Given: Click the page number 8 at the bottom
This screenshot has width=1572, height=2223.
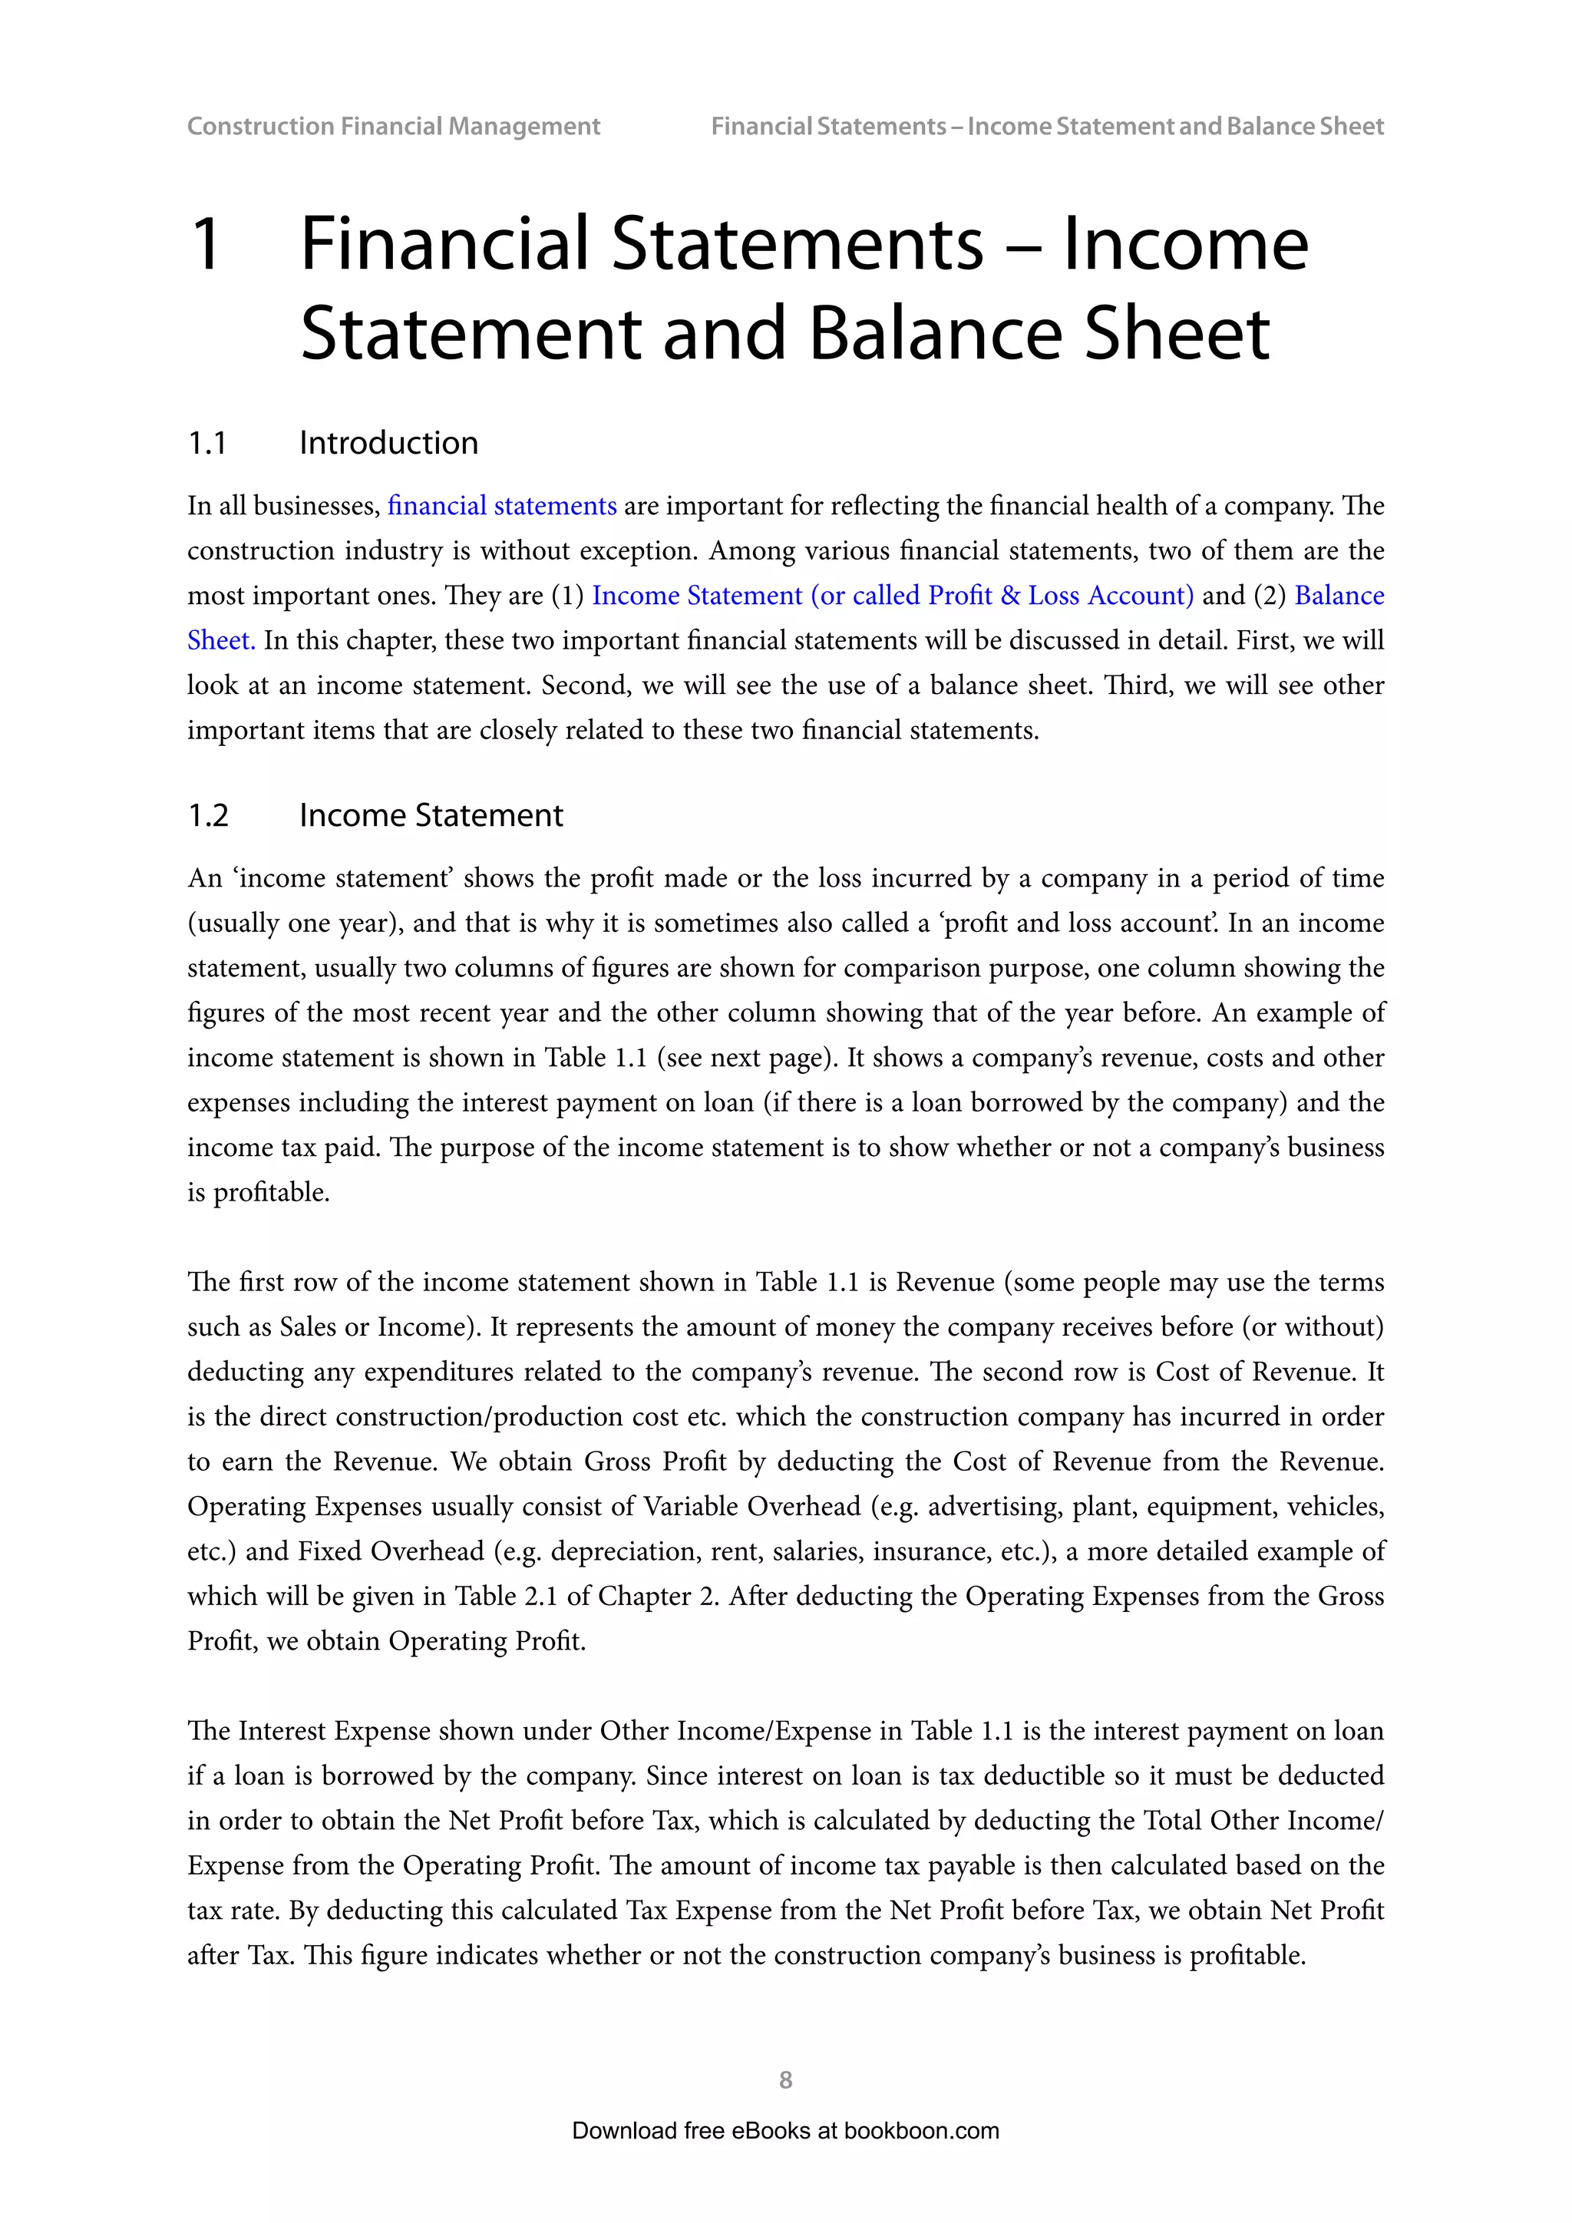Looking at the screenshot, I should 785,2079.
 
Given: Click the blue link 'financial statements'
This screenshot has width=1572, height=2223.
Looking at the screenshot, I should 501,505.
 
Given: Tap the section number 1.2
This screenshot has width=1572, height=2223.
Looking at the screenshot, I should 207,815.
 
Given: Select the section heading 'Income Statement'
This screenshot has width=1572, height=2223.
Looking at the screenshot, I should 431,815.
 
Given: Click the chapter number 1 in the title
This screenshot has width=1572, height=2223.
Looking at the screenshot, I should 206,244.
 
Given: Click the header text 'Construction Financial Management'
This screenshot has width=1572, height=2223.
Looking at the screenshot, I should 393,126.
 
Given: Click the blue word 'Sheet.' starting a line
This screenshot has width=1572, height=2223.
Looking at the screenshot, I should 221,640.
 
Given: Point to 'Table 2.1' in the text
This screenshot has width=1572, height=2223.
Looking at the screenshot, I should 507,1596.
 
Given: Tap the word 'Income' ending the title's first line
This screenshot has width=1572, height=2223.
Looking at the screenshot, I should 1185,244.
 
